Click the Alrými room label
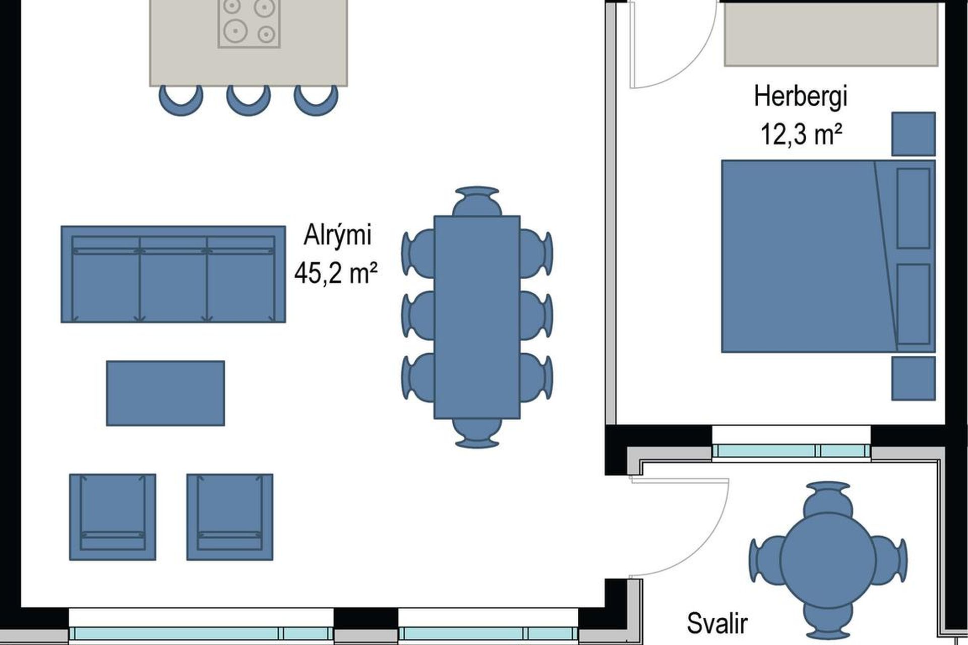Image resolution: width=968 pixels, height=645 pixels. coord(337,236)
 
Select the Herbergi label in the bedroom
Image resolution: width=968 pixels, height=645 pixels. coord(801,97)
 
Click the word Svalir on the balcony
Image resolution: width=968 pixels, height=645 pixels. coord(717,624)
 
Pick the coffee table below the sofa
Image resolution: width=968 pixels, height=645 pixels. coord(165,393)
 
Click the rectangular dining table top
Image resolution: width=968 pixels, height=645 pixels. coord(477,317)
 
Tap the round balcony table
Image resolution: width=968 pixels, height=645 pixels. coord(827,559)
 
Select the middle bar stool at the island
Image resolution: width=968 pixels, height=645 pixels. coord(248,100)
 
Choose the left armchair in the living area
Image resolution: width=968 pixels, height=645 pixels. coord(112,517)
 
